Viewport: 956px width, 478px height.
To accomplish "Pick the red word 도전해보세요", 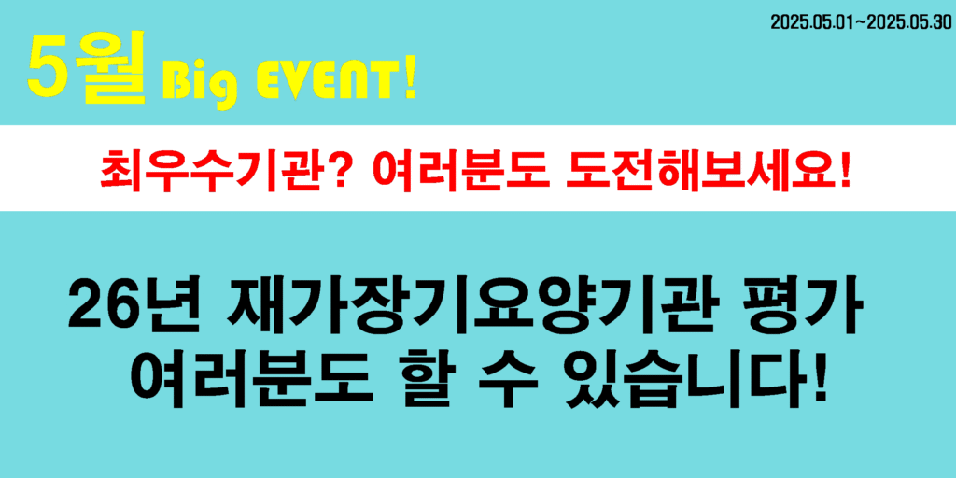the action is coord(696,170).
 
